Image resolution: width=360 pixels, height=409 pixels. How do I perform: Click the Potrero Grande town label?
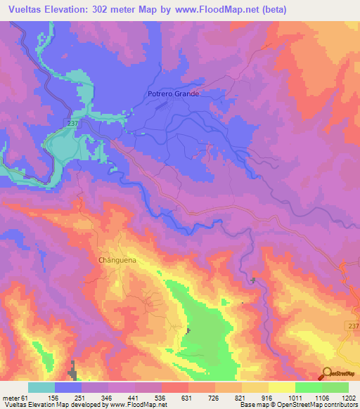click(174, 93)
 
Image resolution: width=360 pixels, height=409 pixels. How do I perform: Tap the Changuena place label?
click(112, 259)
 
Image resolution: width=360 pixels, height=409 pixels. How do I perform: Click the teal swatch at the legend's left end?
click(41, 387)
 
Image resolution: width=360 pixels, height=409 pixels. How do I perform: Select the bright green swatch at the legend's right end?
click(335, 387)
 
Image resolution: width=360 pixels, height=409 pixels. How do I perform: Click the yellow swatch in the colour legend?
click(255, 387)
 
